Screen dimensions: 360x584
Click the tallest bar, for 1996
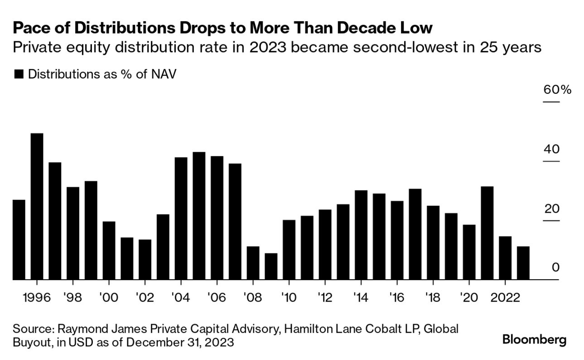pos(37,206)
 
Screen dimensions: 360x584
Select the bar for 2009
pos(271,267)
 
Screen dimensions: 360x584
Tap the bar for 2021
pos(487,233)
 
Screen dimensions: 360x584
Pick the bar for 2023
pos(523,263)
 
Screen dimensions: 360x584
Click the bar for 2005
pos(199,216)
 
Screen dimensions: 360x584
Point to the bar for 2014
pos(361,235)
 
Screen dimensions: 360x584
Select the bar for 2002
pos(145,259)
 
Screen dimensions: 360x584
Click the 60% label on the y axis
pos(557,89)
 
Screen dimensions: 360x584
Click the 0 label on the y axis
pos(555,268)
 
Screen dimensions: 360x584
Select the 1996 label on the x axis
pos(37,298)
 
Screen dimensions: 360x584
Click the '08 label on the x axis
pos(253,298)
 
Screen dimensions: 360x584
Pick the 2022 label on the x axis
pos(505,298)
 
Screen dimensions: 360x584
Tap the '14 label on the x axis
pos(361,298)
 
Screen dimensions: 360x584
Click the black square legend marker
pos(19,75)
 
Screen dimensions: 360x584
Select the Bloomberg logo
pos(535,339)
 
